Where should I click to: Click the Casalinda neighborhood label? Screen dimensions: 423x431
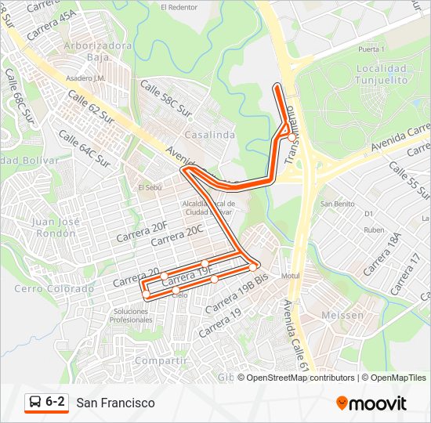pyautogui.click(x=210, y=136)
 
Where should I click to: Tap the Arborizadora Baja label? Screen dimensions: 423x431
pyautogui.click(x=98, y=51)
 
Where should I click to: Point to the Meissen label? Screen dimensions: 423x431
pyautogui.click(x=342, y=315)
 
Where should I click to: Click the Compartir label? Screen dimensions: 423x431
pyautogui.click(x=161, y=360)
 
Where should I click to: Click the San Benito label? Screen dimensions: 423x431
pyautogui.click(x=337, y=204)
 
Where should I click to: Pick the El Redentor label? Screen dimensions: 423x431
pyautogui.click(x=179, y=7)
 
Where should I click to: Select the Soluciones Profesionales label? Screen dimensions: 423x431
pyautogui.click(x=131, y=316)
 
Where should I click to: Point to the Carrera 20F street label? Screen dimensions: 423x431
pyautogui.click(x=142, y=231)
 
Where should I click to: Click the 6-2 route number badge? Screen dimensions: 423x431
pyautogui.click(x=55, y=402)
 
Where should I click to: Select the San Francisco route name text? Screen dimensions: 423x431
pyautogui.click(x=116, y=403)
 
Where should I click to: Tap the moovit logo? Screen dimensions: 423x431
pyautogui.click(x=371, y=403)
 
